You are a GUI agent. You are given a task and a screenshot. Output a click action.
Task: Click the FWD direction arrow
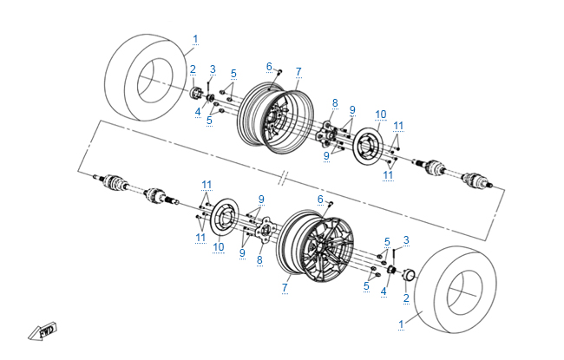(42, 331)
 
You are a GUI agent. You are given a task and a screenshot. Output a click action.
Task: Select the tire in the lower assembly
(455, 285)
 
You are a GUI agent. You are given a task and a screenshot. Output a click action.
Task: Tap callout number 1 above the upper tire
(195, 39)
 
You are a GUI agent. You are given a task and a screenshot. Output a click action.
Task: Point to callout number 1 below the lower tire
(401, 324)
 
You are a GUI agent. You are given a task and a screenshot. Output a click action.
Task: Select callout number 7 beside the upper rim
(298, 70)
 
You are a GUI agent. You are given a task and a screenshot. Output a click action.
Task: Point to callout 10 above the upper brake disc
(380, 114)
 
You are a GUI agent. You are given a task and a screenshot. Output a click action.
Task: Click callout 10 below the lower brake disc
(219, 247)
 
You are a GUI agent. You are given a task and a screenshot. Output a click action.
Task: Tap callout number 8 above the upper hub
(334, 103)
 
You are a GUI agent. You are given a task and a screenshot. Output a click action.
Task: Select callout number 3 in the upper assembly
(213, 69)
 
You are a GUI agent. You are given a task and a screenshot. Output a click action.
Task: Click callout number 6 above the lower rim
(320, 199)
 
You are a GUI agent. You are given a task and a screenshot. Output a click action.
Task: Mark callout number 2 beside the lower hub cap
(405, 298)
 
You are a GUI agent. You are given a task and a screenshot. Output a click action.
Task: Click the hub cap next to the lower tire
(408, 278)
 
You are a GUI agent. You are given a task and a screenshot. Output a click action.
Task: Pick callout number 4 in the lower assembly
(383, 291)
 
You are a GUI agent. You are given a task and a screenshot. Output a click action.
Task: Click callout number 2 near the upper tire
(193, 69)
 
